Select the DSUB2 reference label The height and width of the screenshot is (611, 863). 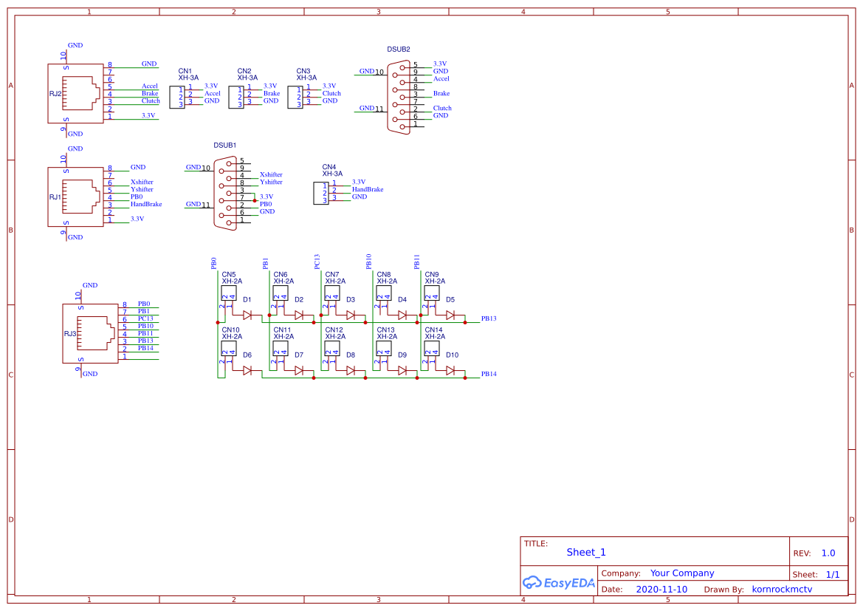click(x=399, y=50)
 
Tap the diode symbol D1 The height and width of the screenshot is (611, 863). click(x=247, y=315)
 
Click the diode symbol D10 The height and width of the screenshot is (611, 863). click(x=450, y=371)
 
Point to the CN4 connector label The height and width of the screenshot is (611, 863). click(x=329, y=167)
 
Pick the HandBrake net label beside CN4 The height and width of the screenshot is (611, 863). click(x=367, y=190)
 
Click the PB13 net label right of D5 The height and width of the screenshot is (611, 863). click(x=489, y=319)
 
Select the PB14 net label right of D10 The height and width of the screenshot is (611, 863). click(x=489, y=375)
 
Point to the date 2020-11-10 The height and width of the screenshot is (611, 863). click(x=661, y=590)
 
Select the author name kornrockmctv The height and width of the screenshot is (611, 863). click(x=782, y=590)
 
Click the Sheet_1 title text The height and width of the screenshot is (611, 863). click(x=586, y=552)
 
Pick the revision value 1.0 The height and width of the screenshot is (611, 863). click(x=828, y=553)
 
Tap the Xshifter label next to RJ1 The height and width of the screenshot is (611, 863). click(x=142, y=182)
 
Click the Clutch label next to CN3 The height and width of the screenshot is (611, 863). click(x=331, y=94)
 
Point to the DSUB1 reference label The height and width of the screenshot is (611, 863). click(x=225, y=146)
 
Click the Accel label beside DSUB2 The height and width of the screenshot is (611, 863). click(x=441, y=79)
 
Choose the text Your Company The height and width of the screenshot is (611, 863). click(x=682, y=573)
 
